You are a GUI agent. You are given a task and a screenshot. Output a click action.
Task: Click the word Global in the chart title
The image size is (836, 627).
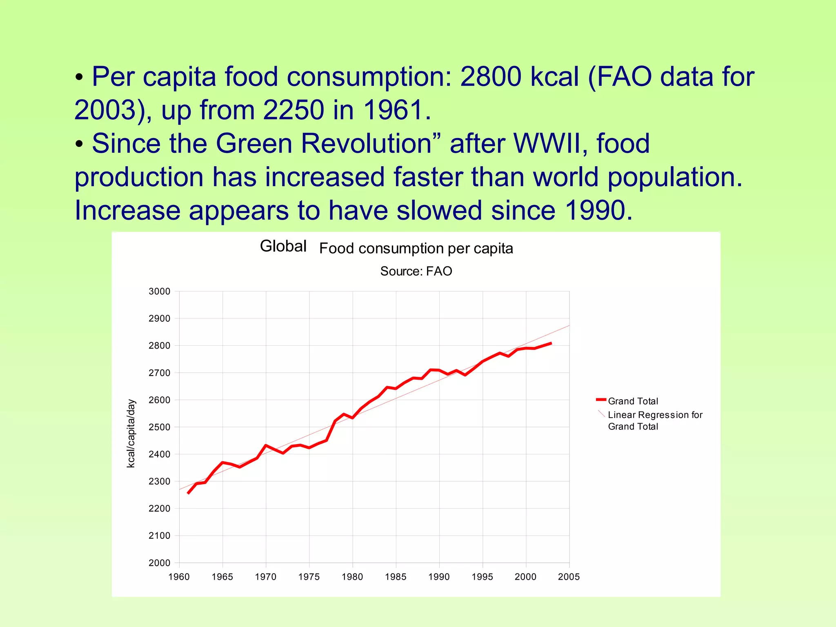point(283,246)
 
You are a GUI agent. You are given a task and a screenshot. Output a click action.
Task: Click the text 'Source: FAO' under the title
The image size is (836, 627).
point(416,271)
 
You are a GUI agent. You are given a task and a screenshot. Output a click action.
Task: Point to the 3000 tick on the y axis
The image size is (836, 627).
point(159,291)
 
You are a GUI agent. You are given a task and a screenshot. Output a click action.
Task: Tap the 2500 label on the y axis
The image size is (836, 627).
point(159,427)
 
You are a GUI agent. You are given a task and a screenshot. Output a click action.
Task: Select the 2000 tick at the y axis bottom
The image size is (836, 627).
point(159,563)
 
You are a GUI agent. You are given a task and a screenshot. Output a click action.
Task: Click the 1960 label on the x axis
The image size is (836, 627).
point(179,577)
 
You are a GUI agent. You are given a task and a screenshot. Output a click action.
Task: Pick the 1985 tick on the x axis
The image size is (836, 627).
point(396,577)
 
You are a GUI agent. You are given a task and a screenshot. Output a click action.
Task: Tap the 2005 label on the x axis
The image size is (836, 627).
point(569,577)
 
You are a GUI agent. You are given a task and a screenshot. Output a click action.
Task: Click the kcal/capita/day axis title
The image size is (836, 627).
point(131,434)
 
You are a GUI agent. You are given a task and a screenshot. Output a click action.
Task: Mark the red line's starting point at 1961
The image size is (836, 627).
point(188,494)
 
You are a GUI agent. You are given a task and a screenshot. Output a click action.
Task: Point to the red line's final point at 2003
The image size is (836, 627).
point(551,343)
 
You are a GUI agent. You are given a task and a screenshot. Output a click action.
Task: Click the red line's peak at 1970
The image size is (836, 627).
point(266,445)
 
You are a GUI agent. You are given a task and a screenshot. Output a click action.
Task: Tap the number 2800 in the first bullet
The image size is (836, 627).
point(491,77)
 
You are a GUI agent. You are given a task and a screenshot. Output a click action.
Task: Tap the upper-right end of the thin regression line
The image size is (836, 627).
point(569,326)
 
